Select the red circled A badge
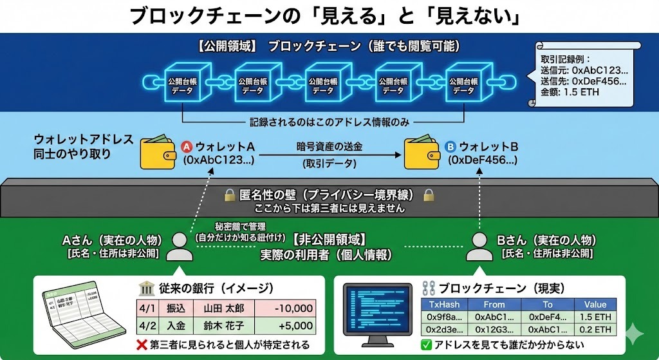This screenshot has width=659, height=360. [188, 146]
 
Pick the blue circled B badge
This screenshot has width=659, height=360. [450, 146]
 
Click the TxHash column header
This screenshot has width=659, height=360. [444, 305]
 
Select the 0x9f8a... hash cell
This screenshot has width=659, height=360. [444, 317]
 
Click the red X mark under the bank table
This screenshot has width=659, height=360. [141, 344]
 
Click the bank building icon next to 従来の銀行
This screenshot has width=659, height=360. [145, 289]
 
